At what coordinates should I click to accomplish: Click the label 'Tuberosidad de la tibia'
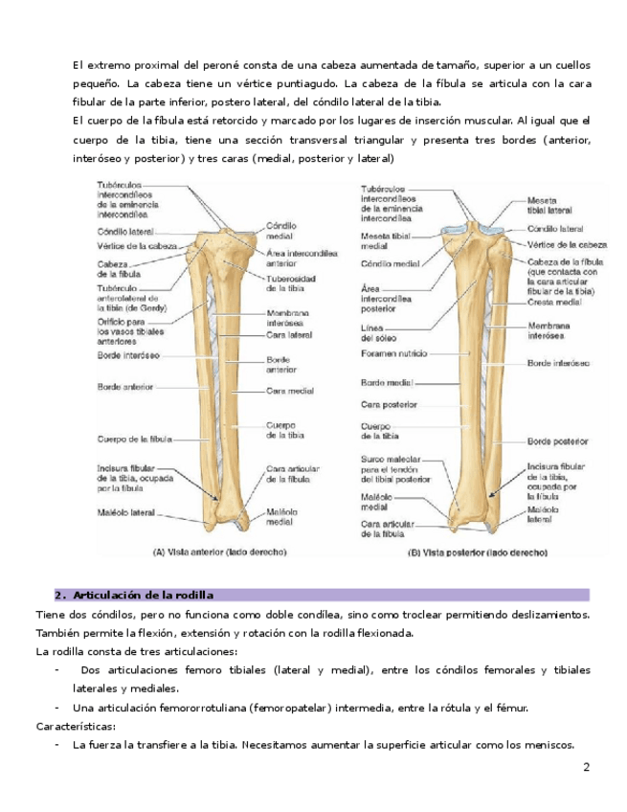point(285,283)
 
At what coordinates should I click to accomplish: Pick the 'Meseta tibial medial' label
point(386,239)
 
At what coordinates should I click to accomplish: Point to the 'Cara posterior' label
point(387,404)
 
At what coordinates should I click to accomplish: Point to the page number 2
point(587,768)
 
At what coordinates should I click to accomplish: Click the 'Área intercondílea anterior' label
point(301,258)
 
